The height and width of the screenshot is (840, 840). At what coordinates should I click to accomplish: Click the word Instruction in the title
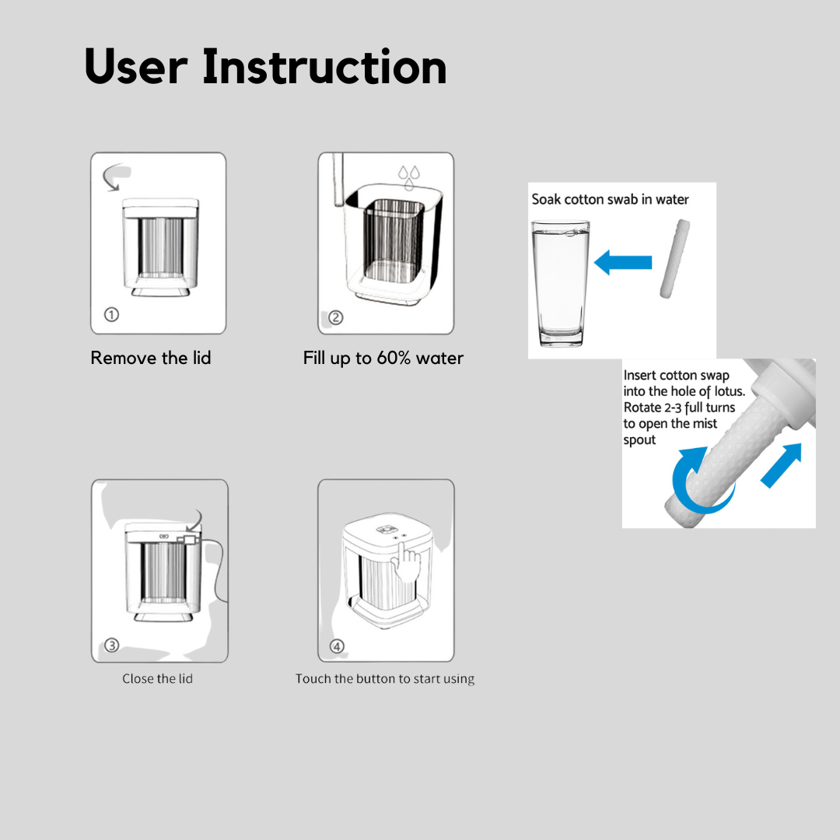tap(324, 67)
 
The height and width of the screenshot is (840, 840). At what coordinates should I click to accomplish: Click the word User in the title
tap(136, 67)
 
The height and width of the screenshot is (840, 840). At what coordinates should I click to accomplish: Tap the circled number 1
tap(111, 314)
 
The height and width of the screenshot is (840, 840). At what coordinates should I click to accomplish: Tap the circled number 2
tap(336, 317)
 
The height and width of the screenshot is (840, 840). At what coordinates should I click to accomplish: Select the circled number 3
tap(111, 645)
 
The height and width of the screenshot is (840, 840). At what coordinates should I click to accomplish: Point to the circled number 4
tap(337, 646)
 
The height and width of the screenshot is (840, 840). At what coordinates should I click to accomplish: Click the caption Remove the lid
tap(151, 358)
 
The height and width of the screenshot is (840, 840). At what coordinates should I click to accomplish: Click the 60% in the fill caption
tap(394, 358)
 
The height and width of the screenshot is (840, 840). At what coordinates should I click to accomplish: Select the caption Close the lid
tap(157, 679)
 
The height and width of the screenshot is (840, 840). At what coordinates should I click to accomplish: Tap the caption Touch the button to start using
tap(385, 679)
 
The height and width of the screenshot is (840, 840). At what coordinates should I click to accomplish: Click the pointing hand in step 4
tap(406, 562)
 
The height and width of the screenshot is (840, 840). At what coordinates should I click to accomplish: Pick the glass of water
tap(561, 282)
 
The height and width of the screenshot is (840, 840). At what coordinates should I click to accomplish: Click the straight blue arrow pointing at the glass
tap(623, 263)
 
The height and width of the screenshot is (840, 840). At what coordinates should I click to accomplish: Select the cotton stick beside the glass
tap(674, 258)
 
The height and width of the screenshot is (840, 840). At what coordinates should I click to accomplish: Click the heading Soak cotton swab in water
tap(610, 199)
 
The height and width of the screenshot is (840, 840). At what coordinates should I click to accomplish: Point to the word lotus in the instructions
tap(729, 391)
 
